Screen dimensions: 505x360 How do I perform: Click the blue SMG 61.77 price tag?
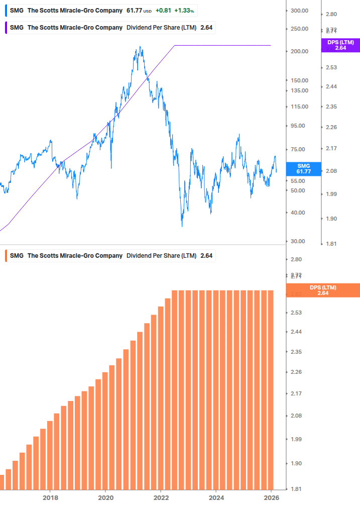pos(304,168)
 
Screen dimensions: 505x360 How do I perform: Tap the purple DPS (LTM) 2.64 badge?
pos(340,45)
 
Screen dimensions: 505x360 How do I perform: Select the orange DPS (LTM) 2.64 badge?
pos(322,290)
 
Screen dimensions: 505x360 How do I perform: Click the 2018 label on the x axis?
pos(50,497)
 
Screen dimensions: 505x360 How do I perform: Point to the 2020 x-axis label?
pos(105,497)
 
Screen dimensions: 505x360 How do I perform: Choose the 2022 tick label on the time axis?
pos(161,497)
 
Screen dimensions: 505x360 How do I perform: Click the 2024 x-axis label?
pos(216,497)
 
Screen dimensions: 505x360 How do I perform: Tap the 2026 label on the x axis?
pos(271,497)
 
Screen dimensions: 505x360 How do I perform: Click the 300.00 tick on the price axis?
pos(299,11)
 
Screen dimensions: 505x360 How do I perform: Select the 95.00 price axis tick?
pos(299,126)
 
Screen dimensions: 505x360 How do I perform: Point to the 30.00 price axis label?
pos(299,241)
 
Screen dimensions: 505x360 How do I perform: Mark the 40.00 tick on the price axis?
pos(299,213)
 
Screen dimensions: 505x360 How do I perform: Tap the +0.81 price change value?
pos(163,11)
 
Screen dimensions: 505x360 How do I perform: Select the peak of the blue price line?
pos(140,47)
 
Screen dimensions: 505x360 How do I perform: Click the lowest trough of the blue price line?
pos(182,226)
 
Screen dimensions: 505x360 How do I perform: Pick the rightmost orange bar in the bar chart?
pos(271,389)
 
